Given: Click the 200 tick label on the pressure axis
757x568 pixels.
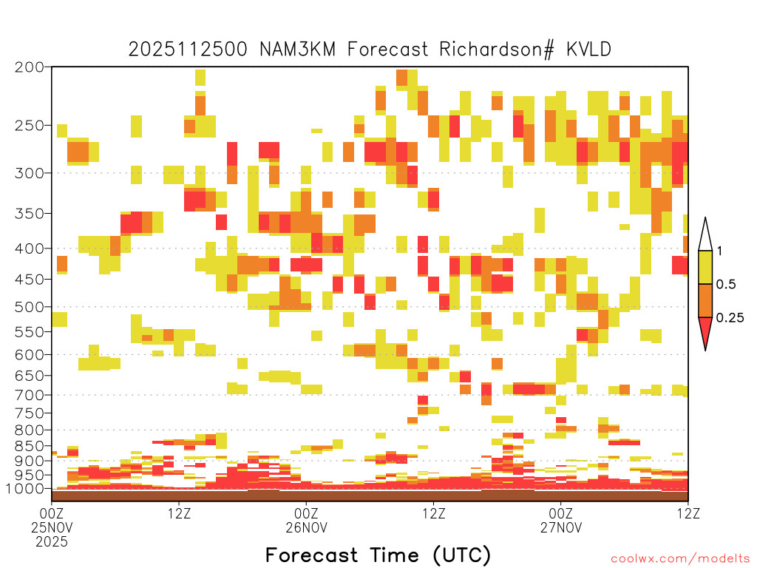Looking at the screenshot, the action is pyautogui.click(x=30, y=67).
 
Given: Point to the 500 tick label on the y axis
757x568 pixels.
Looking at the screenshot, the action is pyautogui.click(x=30, y=307).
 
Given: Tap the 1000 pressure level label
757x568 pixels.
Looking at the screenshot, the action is pyautogui.click(x=25, y=489).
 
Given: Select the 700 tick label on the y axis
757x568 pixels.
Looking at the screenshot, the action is pyautogui.click(x=30, y=395).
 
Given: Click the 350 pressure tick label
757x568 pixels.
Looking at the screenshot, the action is pyautogui.click(x=30, y=214).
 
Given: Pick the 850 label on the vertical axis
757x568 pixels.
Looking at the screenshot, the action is pyautogui.click(x=30, y=446).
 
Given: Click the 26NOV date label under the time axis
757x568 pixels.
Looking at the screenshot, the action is pyautogui.click(x=307, y=527).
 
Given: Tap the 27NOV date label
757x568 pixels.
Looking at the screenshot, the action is pyautogui.click(x=561, y=527).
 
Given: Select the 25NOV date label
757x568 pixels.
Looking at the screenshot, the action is pyautogui.click(x=52, y=527).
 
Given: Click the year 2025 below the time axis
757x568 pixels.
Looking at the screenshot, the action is pyautogui.click(x=52, y=542).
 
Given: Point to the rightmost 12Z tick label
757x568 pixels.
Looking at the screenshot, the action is pyautogui.click(x=688, y=513).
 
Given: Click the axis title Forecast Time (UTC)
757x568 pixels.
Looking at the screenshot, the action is pyautogui.click(x=378, y=555).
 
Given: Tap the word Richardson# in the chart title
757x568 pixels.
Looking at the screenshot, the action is pyautogui.click(x=497, y=50).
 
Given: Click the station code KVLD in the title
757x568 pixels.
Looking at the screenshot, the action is pyautogui.click(x=588, y=50).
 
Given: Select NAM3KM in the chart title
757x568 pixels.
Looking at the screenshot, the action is pyautogui.click(x=297, y=50).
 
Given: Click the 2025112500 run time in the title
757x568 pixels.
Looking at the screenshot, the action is pyautogui.click(x=188, y=50).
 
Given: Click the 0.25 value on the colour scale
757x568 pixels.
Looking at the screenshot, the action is pyautogui.click(x=730, y=318).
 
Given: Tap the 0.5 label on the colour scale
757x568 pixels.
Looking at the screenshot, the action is pyautogui.click(x=726, y=285).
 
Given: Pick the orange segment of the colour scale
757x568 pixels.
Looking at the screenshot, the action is pyautogui.click(x=705, y=301).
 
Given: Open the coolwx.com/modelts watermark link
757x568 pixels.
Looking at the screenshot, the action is pyautogui.click(x=680, y=559).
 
